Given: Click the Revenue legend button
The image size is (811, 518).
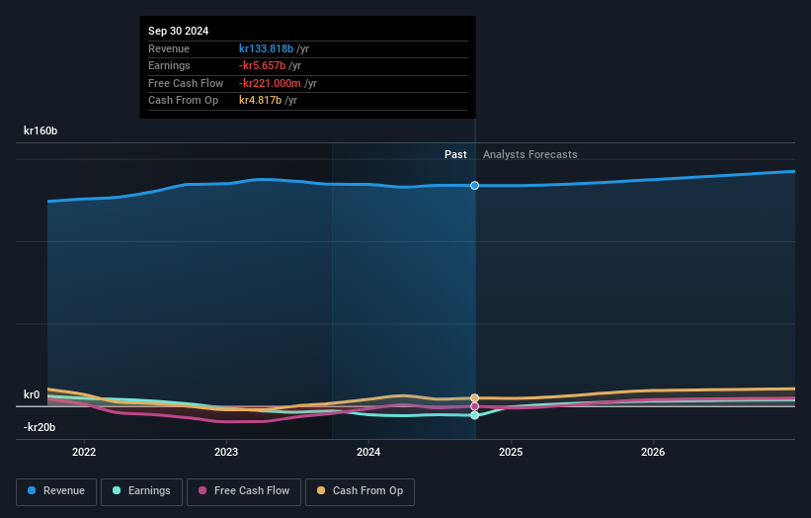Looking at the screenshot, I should pos(56,491).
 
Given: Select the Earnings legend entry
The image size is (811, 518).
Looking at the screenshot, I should pos(142,491).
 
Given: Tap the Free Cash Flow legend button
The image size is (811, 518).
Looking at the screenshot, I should pos(244,491).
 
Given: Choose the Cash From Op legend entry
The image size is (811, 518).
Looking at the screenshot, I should pos(360,491).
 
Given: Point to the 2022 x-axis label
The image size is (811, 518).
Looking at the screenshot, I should pos(84,453).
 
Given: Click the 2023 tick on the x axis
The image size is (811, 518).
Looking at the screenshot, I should pos(226,453).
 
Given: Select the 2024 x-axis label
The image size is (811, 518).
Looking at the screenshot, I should pos(368,453).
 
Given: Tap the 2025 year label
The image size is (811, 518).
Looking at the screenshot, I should pos(511,453).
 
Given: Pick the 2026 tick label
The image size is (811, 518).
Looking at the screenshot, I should pos(653,453).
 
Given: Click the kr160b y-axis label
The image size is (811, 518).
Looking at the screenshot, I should pos(41,130).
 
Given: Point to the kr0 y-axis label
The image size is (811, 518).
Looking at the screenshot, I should pos(32,394).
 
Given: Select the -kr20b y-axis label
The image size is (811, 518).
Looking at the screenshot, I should pos(40,427).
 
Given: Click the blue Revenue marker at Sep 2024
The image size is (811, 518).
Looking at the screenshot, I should pos(475,186).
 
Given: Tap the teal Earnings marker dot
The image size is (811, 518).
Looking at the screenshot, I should pos(475,415).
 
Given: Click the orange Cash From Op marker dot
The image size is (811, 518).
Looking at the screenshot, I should pos(475,398).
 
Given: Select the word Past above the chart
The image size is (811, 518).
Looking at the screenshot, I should pos(455,154).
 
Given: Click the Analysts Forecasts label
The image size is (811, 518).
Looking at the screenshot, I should pos(529,154).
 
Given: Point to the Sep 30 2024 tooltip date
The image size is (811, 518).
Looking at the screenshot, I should pos(181,32).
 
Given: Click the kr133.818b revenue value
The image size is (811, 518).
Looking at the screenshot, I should pos(266,48).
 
